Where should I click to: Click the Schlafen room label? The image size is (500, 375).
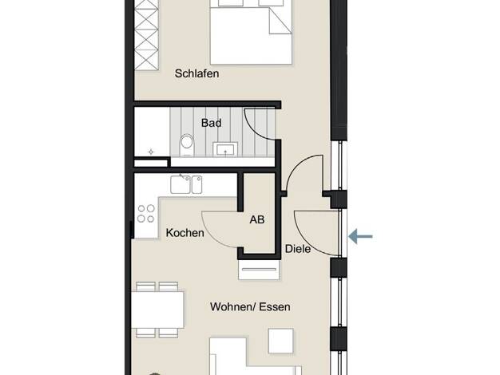[x=196, y=73]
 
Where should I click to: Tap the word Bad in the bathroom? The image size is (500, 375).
[x=211, y=123]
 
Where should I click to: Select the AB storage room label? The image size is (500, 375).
[x=256, y=219]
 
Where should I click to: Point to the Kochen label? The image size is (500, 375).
[x=185, y=233]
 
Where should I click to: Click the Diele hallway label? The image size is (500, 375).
[x=298, y=249]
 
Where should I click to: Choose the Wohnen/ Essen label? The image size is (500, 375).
[x=250, y=307]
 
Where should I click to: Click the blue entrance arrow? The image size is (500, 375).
[x=361, y=236]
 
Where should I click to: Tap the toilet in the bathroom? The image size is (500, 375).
[x=187, y=145]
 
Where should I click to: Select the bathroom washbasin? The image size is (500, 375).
[x=225, y=148]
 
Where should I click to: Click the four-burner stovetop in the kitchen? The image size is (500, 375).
[x=146, y=214]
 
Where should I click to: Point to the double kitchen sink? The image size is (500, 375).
[x=186, y=185]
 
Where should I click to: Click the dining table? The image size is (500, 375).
[x=157, y=310]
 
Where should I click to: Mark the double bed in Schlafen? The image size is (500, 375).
[x=251, y=32]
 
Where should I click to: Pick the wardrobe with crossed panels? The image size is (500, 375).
[x=147, y=35]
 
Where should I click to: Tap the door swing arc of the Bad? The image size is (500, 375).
[x=255, y=128]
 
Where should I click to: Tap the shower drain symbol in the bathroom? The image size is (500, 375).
[x=151, y=152]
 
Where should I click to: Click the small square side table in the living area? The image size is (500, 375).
[x=280, y=341]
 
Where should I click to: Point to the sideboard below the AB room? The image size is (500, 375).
[x=260, y=270]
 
